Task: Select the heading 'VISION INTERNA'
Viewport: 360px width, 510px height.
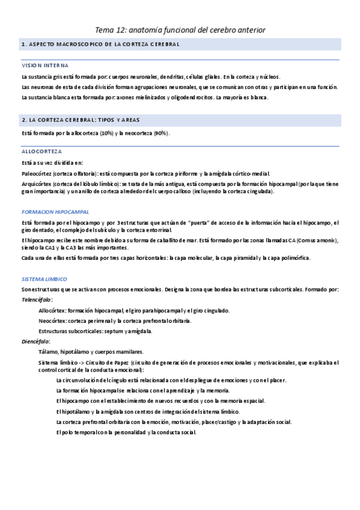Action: pos(44,65)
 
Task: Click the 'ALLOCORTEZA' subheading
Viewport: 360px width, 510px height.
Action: pos(41,151)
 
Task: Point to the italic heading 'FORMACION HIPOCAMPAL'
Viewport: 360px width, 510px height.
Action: pos(55,212)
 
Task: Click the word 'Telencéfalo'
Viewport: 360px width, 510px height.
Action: pos(37,300)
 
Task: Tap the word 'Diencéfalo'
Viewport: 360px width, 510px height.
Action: pos(36,341)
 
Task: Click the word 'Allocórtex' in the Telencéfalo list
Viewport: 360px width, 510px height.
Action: pos(52,310)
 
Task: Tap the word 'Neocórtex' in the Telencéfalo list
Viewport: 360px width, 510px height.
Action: pos(51,321)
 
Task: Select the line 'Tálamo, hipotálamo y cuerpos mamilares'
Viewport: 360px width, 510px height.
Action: pos(90,352)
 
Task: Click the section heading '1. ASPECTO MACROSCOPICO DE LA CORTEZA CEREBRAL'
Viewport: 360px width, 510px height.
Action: pos(99,45)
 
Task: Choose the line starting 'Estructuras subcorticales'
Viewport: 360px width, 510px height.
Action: pos(95,331)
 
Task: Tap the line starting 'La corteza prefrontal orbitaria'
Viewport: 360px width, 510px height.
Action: pos(173,422)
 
